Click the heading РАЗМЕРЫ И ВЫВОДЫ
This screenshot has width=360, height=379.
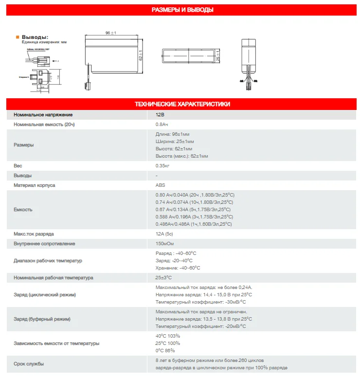[x=182, y=10]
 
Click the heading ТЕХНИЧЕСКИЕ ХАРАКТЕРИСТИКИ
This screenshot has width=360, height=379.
[x=182, y=104]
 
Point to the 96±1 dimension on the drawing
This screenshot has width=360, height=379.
[x=110, y=33]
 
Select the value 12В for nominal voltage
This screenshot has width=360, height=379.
[x=160, y=115]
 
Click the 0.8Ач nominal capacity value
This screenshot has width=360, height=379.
[x=162, y=125]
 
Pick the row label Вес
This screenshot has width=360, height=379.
[x=18, y=166]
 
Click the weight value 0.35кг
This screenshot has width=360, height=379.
[x=162, y=166]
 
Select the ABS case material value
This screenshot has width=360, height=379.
[x=160, y=185]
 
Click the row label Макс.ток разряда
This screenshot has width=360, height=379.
[x=33, y=234]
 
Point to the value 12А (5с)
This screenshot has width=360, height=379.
[x=164, y=234]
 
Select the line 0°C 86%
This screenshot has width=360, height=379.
[x=165, y=351]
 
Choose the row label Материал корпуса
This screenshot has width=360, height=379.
[x=34, y=185]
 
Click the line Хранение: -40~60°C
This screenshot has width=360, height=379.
[x=178, y=268]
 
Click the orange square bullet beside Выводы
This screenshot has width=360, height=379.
[x=18, y=37]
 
